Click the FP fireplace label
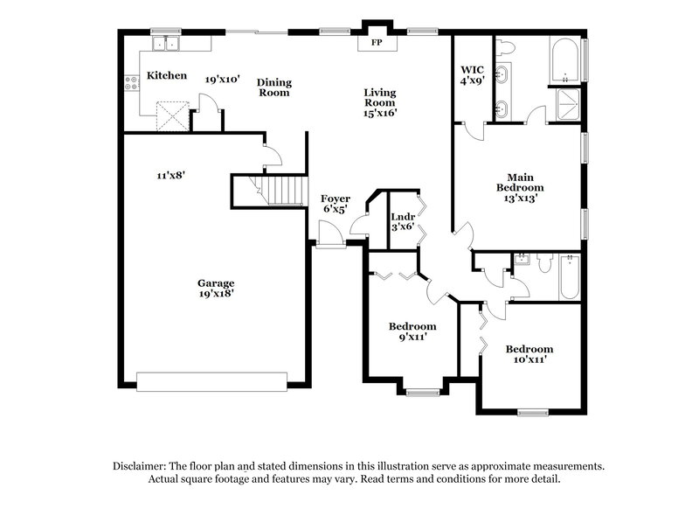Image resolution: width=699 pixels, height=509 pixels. [x=377, y=42]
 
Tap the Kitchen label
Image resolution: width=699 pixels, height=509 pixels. [x=166, y=76]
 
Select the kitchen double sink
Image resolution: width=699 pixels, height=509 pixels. [x=164, y=43]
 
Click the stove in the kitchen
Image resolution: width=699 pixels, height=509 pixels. [x=133, y=83]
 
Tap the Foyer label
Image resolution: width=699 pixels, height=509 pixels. [x=336, y=199]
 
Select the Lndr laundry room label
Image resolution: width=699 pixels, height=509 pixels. [x=402, y=216]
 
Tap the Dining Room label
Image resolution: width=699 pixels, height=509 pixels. [x=273, y=87]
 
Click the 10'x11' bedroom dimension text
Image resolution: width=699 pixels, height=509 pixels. [x=529, y=359]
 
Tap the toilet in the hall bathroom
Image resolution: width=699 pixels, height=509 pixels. [x=544, y=261]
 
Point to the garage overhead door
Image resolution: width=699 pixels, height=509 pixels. [x=212, y=381]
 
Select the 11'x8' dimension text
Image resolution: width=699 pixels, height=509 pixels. [x=170, y=175]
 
